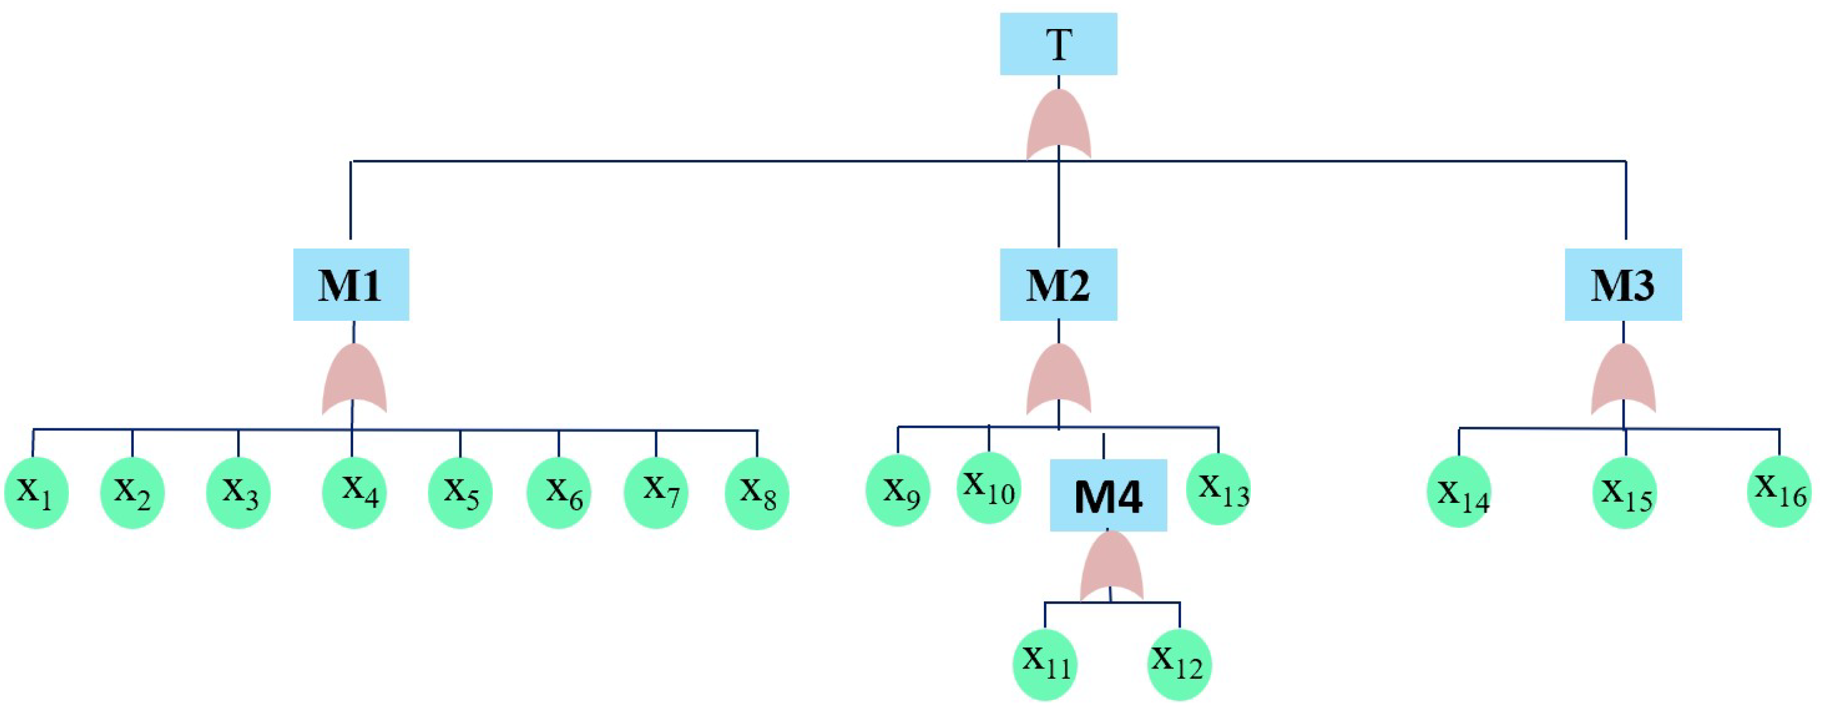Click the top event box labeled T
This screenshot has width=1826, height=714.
coord(1058,44)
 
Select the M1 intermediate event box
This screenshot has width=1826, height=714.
coord(351,284)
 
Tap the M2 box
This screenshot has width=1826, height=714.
coord(1058,284)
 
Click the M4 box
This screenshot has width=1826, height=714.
coord(1108,496)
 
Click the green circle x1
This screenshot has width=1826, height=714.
coord(37,493)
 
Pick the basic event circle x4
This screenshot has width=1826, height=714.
coord(354,493)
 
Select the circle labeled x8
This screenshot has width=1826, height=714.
coord(757,493)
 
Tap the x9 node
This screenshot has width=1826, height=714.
coord(898,490)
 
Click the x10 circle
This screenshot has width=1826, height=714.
coord(989,488)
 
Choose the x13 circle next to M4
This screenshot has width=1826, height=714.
coord(1219,489)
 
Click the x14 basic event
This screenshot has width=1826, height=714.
coord(1459,492)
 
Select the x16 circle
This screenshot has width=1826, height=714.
coord(1779,492)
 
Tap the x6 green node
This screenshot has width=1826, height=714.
coord(559,493)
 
